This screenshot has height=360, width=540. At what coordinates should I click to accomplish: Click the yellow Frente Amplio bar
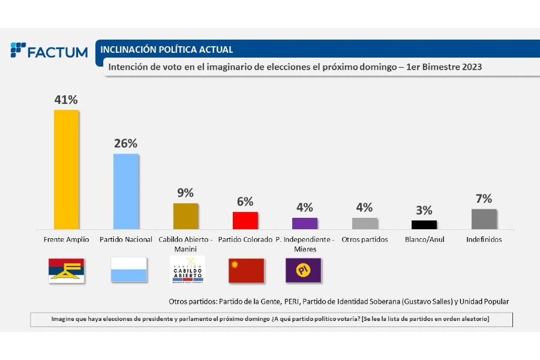66,169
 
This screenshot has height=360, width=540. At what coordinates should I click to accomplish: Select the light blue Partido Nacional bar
126,191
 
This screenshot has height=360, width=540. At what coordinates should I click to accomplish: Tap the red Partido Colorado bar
245,220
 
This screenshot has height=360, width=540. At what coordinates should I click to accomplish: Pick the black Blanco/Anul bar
424,224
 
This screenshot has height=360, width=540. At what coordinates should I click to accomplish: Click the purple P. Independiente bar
304,223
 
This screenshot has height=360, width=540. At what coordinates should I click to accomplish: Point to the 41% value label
66,100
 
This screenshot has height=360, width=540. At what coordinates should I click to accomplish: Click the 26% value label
126,143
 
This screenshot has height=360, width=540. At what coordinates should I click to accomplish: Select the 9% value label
185,193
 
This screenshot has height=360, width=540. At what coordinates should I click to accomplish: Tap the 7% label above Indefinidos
484,199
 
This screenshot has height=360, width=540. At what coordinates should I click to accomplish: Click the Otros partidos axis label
364,239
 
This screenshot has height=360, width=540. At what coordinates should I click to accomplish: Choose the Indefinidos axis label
484,239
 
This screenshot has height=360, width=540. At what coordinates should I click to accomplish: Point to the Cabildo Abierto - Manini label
185,244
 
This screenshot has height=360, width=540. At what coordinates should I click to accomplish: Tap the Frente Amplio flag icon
67,271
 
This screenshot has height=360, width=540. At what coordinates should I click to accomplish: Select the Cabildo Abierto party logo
187,270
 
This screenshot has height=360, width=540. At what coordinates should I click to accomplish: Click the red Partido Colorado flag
246,271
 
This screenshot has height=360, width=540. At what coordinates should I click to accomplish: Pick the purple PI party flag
303,271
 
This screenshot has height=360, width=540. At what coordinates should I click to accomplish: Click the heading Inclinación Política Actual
167,50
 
